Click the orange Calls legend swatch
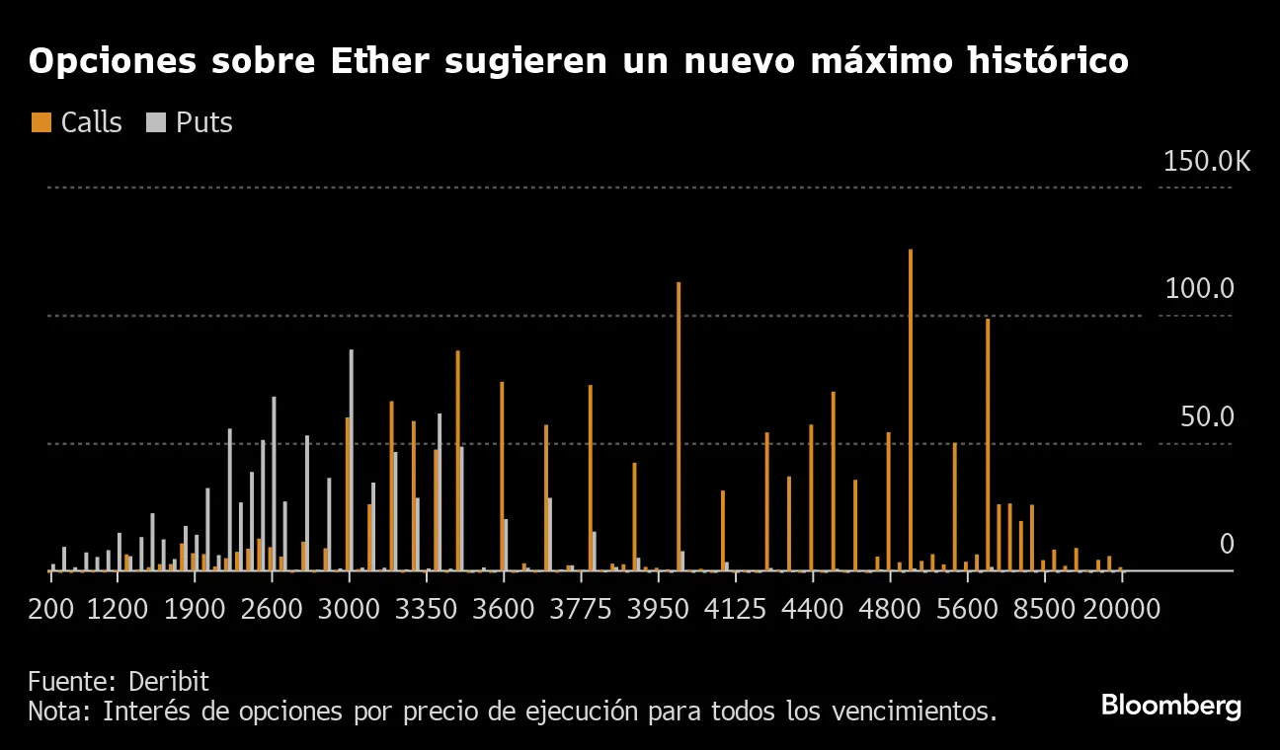pos(40,122)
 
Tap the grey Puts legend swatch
pos(156,122)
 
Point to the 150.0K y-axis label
pos(1206,161)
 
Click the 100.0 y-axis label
pos(1199,289)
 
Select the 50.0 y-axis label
pos(1206,416)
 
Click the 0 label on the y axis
pos(1226,544)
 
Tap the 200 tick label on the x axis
pos(51,608)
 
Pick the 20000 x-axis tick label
pos(1122,608)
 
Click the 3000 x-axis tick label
pos(349,608)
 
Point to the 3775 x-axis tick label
pos(590,608)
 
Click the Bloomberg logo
pos(1170,706)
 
